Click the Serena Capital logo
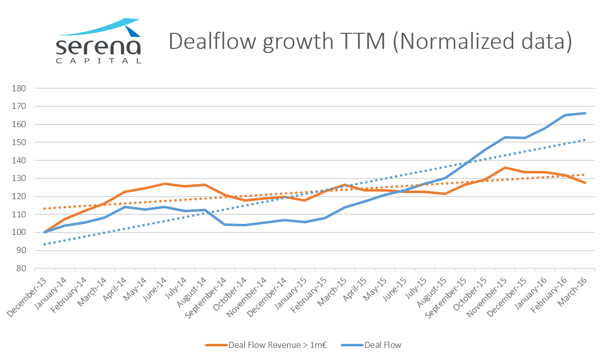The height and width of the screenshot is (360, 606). click(x=98, y=41)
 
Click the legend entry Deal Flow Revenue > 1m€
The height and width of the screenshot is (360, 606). click(x=268, y=345)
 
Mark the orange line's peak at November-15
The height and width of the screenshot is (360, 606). click(x=505, y=167)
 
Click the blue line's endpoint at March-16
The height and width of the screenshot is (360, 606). click(x=585, y=113)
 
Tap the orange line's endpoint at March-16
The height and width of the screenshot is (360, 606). click(x=585, y=183)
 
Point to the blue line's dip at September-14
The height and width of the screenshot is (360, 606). click(x=224, y=224)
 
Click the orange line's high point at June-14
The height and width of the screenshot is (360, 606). click(x=164, y=184)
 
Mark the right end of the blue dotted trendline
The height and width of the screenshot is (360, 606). click(x=585, y=140)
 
